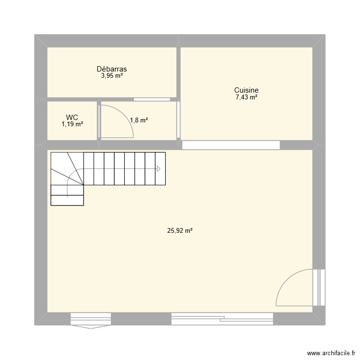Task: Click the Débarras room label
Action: tap(111, 69)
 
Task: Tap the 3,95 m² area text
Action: tap(111, 76)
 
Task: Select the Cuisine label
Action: tap(246, 90)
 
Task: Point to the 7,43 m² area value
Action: tap(246, 97)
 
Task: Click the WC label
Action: tap(72, 117)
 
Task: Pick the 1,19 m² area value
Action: tap(72, 124)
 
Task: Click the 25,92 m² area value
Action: tap(180, 231)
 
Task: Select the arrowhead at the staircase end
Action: tap(158, 168)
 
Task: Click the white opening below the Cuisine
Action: tap(230, 144)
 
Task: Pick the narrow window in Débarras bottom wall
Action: tap(152, 100)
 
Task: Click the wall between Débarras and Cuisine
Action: tap(178, 72)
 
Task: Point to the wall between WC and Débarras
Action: tap(72, 99)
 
